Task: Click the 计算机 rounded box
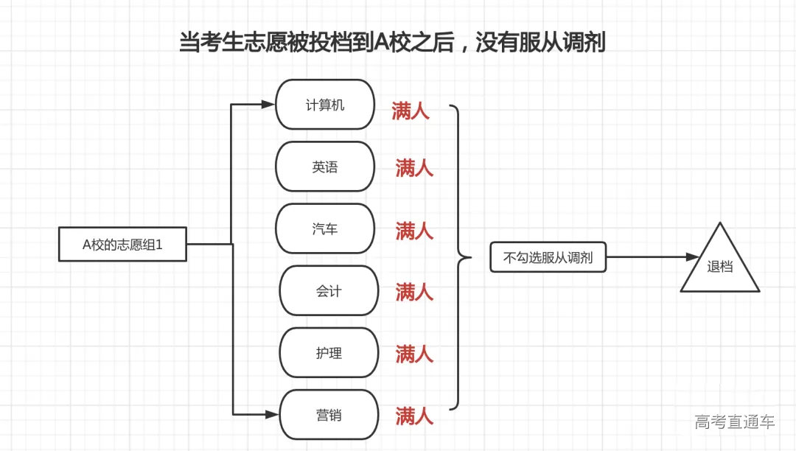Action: pos(325,105)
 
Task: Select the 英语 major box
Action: pos(325,167)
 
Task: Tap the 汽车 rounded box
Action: pos(325,229)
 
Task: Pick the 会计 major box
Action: pos(329,291)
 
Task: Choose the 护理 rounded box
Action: pos(329,353)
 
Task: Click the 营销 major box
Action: pos(329,416)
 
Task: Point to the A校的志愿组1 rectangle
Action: pos(122,245)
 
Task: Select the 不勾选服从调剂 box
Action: pos(548,258)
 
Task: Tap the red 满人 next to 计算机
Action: pos(411,112)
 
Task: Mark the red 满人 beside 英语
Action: pos(414,168)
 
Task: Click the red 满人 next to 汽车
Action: pos(414,231)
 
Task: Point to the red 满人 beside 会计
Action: pos(414,293)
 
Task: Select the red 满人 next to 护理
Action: pos(414,354)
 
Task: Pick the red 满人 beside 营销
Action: pos(414,416)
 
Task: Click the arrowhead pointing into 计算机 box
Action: pos(269,105)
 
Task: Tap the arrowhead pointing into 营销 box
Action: pos(273,416)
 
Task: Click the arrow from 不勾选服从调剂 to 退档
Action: pos(652,258)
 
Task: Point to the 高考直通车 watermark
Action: pos(734,422)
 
